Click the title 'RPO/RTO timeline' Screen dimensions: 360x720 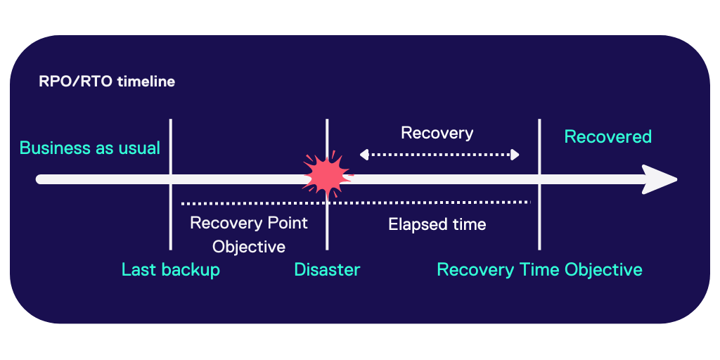click(x=107, y=82)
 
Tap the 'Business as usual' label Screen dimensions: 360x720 click(x=90, y=148)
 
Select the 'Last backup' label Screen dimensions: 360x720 click(x=171, y=270)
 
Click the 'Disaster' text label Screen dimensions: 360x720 click(x=327, y=270)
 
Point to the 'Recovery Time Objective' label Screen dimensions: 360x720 click(x=539, y=270)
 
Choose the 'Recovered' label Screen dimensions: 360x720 click(x=608, y=137)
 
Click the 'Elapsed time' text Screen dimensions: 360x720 click(x=437, y=225)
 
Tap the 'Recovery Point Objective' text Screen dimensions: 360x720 click(x=249, y=235)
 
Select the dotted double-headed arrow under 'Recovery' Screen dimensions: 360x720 click(x=439, y=155)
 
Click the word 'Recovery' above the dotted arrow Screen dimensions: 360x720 click(x=437, y=133)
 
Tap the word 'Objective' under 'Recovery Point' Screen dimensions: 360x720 click(x=249, y=247)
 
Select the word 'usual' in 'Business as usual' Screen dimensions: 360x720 click(x=141, y=148)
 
